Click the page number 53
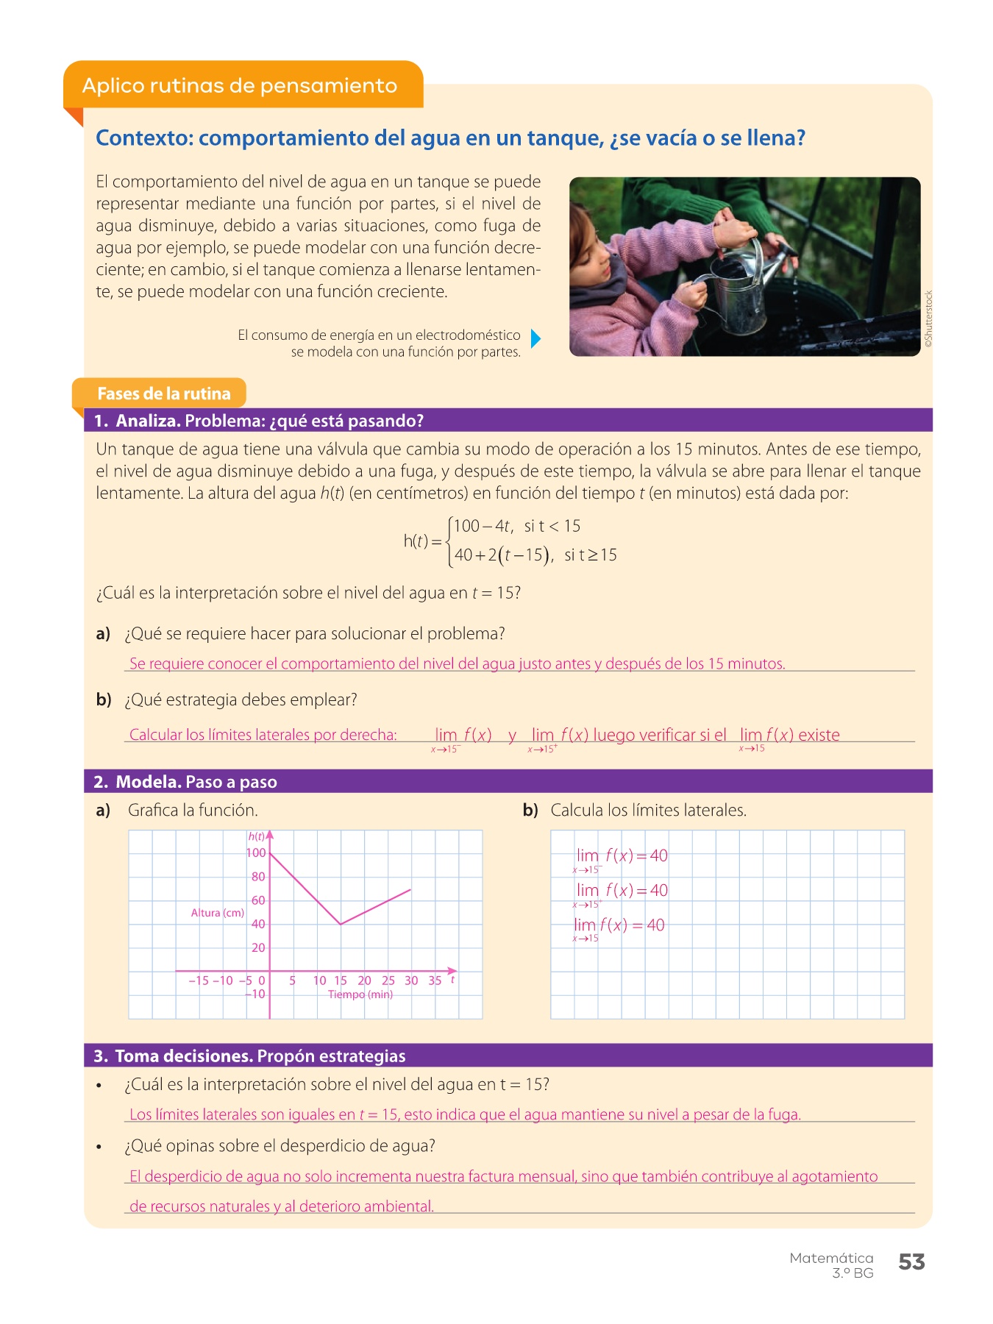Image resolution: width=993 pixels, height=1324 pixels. tap(911, 1262)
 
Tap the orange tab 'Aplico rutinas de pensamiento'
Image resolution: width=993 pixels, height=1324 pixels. tap(240, 85)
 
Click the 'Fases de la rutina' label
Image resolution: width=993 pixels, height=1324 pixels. tap(163, 394)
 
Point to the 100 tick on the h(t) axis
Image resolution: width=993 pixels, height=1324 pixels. tap(256, 853)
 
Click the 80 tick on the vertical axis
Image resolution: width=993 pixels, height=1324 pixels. tap(258, 877)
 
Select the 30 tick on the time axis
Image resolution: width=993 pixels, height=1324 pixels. tap(411, 980)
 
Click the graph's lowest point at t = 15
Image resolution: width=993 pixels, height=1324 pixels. tap(341, 924)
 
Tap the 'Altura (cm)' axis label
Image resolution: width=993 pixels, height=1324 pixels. tap(217, 913)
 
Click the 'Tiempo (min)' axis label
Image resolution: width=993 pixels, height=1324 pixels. tap(360, 994)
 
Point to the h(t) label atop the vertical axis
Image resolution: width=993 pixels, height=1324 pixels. tap(257, 836)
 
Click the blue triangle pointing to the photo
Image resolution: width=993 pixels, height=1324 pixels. tap(535, 338)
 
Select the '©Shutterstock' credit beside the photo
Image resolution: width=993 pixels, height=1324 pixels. tap(928, 318)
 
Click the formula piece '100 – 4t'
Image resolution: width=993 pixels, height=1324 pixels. tap(482, 526)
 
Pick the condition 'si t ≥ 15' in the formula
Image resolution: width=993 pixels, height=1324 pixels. tap(590, 555)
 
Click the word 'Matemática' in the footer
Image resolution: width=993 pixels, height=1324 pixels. tap(831, 1258)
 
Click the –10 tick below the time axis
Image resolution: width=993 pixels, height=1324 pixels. tap(255, 994)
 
